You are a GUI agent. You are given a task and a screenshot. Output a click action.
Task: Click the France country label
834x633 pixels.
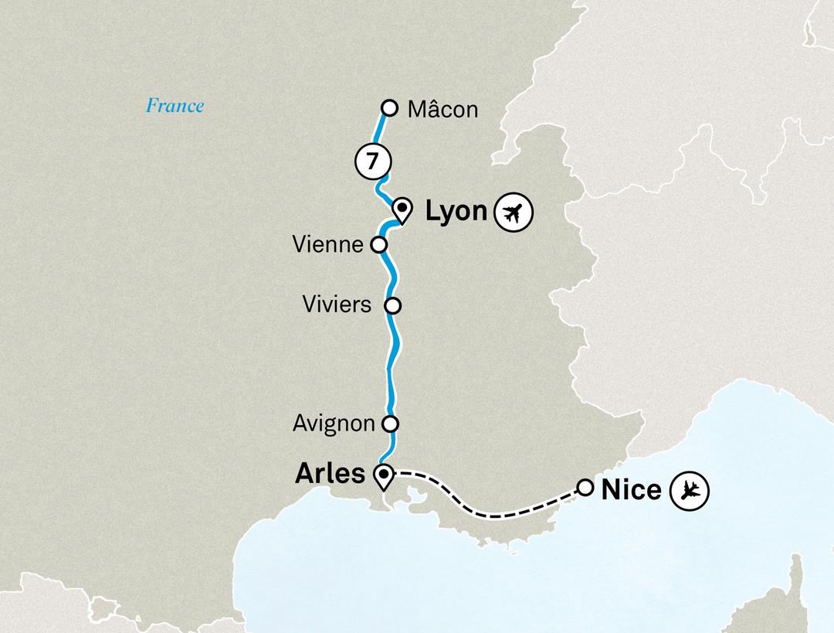click(x=175, y=106)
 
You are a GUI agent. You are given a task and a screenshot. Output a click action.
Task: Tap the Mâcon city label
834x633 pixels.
click(x=442, y=110)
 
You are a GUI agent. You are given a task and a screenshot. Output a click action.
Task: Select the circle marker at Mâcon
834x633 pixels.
click(x=390, y=107)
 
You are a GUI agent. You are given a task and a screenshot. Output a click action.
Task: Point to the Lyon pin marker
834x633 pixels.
click(x=402, y=209)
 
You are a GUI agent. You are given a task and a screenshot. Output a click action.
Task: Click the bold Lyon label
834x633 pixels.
click(x=456, y=212)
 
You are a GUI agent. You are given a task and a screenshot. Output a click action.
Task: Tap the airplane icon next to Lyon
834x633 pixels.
click(x=514, y=212)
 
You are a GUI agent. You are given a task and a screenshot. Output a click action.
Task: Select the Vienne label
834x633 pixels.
click(x=328, y=245)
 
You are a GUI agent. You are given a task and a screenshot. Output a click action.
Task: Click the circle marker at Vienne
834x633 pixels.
click(x=379, y=245)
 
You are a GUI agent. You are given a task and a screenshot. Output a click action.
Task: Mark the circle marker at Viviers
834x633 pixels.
click(x=393, y=305)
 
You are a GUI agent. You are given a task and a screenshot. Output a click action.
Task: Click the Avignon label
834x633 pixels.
click(x=334, y=424)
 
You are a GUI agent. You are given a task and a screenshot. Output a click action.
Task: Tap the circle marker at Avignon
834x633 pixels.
click(x=391, y=424)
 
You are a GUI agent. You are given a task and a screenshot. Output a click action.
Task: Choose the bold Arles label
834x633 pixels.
click(x=330, y=474)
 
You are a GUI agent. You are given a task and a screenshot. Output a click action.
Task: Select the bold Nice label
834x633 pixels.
click(x=631, y=488)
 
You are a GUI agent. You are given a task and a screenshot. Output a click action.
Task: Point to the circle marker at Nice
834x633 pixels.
click(x=585, y=488)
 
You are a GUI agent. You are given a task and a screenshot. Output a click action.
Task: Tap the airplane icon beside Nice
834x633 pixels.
click(x=689, y=489)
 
